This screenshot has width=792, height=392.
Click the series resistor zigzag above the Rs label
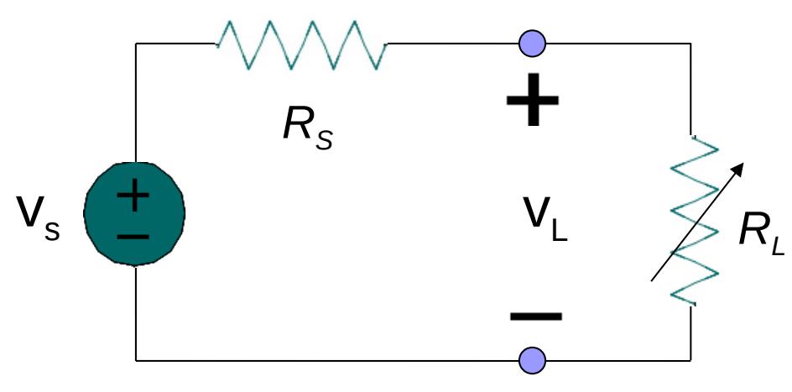[x=302, y=44]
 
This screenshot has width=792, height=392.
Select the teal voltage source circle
[x=134, y=213]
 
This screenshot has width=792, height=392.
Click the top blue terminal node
[x=532, y=42]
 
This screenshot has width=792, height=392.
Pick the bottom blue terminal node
[x=532, y=360]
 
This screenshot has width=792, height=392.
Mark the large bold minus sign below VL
[x=535, y=316]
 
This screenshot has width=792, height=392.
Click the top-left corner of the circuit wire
[x=136, y=43]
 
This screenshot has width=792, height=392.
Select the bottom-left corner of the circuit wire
[x=136, y=360]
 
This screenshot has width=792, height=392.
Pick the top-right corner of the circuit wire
[x=691, y=43]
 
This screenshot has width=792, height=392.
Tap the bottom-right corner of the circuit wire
[x=691, y=360]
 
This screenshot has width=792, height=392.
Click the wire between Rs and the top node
[x=453, y=43]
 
